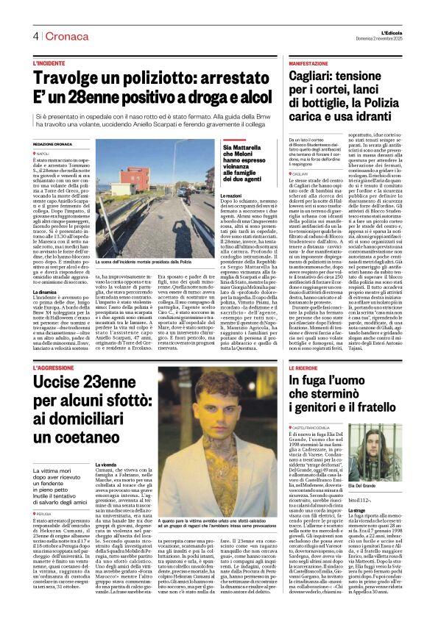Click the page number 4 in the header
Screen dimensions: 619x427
35,37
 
